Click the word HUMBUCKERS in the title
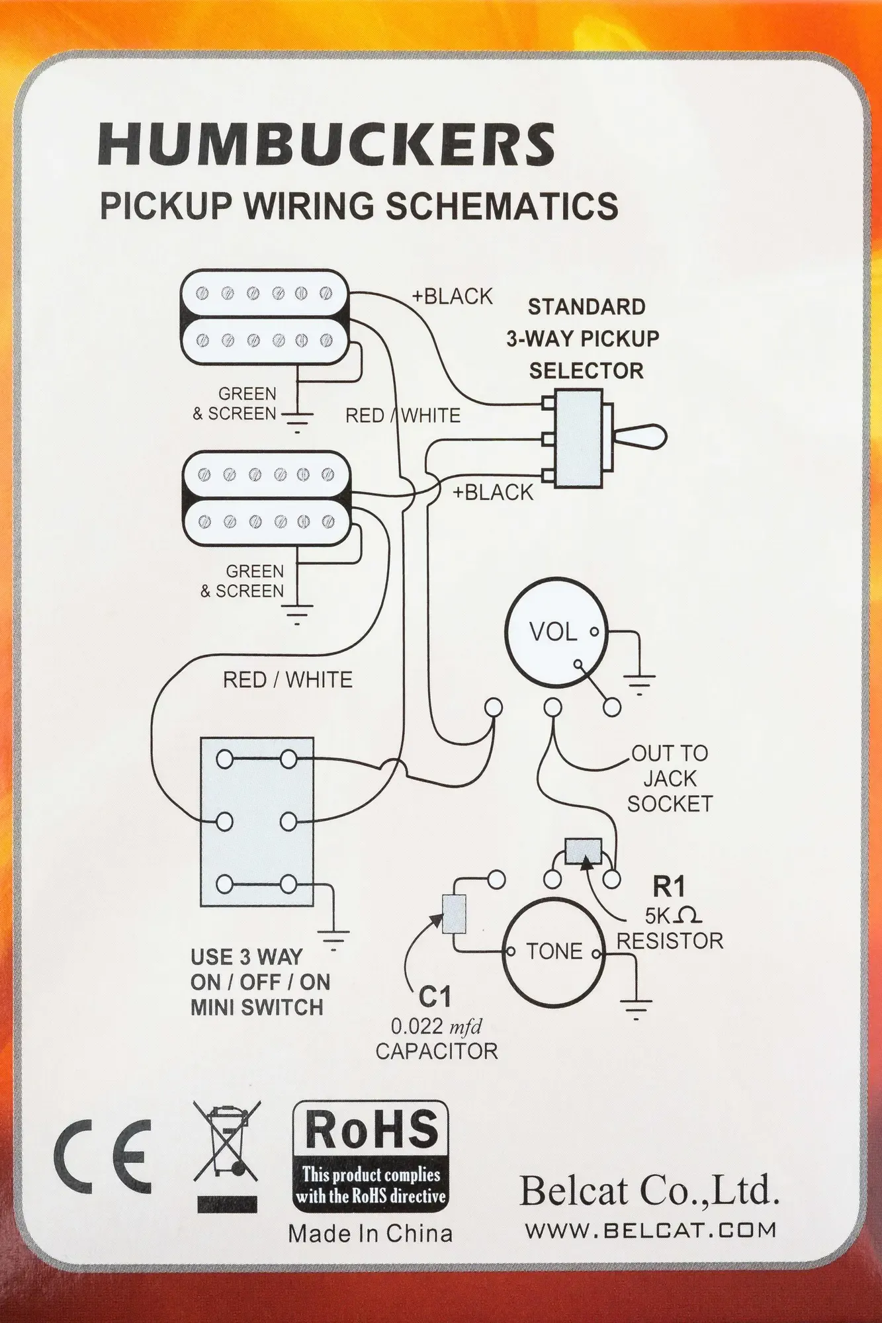pyautogui.click(x=326, y=144)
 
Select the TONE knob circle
pyautogui.click(x=554, y=951)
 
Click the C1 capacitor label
pyautogui.click(x=435, y=996)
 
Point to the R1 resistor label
pyautogui.click(x=668, y=885)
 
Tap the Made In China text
pyautogui.click(x=371, y=1234)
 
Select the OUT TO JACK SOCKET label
pyautogui.click(x=669, y=778)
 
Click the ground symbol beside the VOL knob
pyautogui.click(x=639, y=681)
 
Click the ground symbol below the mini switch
pyautogui.click(x=333, y=939)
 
